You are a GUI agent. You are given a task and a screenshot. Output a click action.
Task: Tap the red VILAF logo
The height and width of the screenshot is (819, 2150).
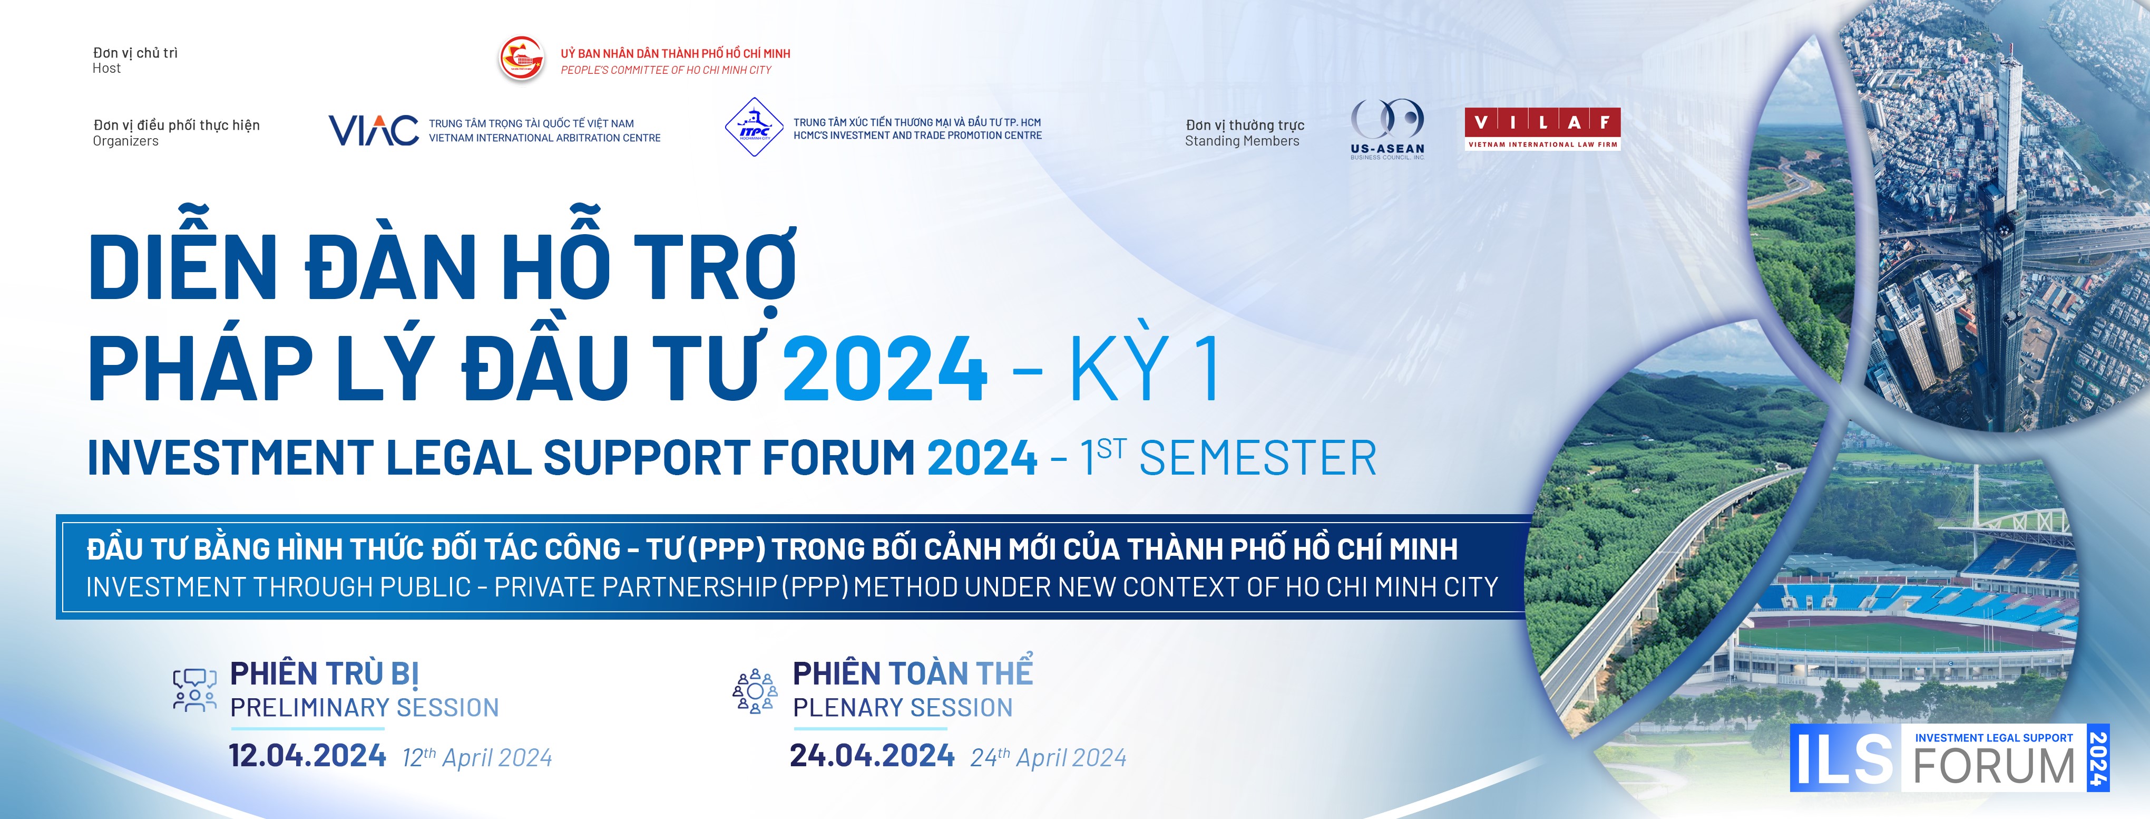point(1542,129)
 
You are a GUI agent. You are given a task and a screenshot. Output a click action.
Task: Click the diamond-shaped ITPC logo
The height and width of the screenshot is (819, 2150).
point(754,128)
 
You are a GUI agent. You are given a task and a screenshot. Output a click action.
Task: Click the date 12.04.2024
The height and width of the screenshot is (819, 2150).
point(307,756)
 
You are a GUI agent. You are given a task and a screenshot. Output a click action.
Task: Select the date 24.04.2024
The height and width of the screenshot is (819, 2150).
point(872,756)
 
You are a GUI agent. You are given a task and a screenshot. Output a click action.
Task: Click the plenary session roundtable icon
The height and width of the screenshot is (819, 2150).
point(755,690)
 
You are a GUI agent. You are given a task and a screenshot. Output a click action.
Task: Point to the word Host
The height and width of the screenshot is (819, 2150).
point(107,69)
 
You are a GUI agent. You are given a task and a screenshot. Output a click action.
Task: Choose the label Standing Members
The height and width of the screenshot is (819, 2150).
point(1242,141)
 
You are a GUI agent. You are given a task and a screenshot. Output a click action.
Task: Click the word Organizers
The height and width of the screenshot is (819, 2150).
point(125,141)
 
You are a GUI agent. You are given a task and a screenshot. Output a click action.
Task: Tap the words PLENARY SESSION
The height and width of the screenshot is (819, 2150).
point(902,708)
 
